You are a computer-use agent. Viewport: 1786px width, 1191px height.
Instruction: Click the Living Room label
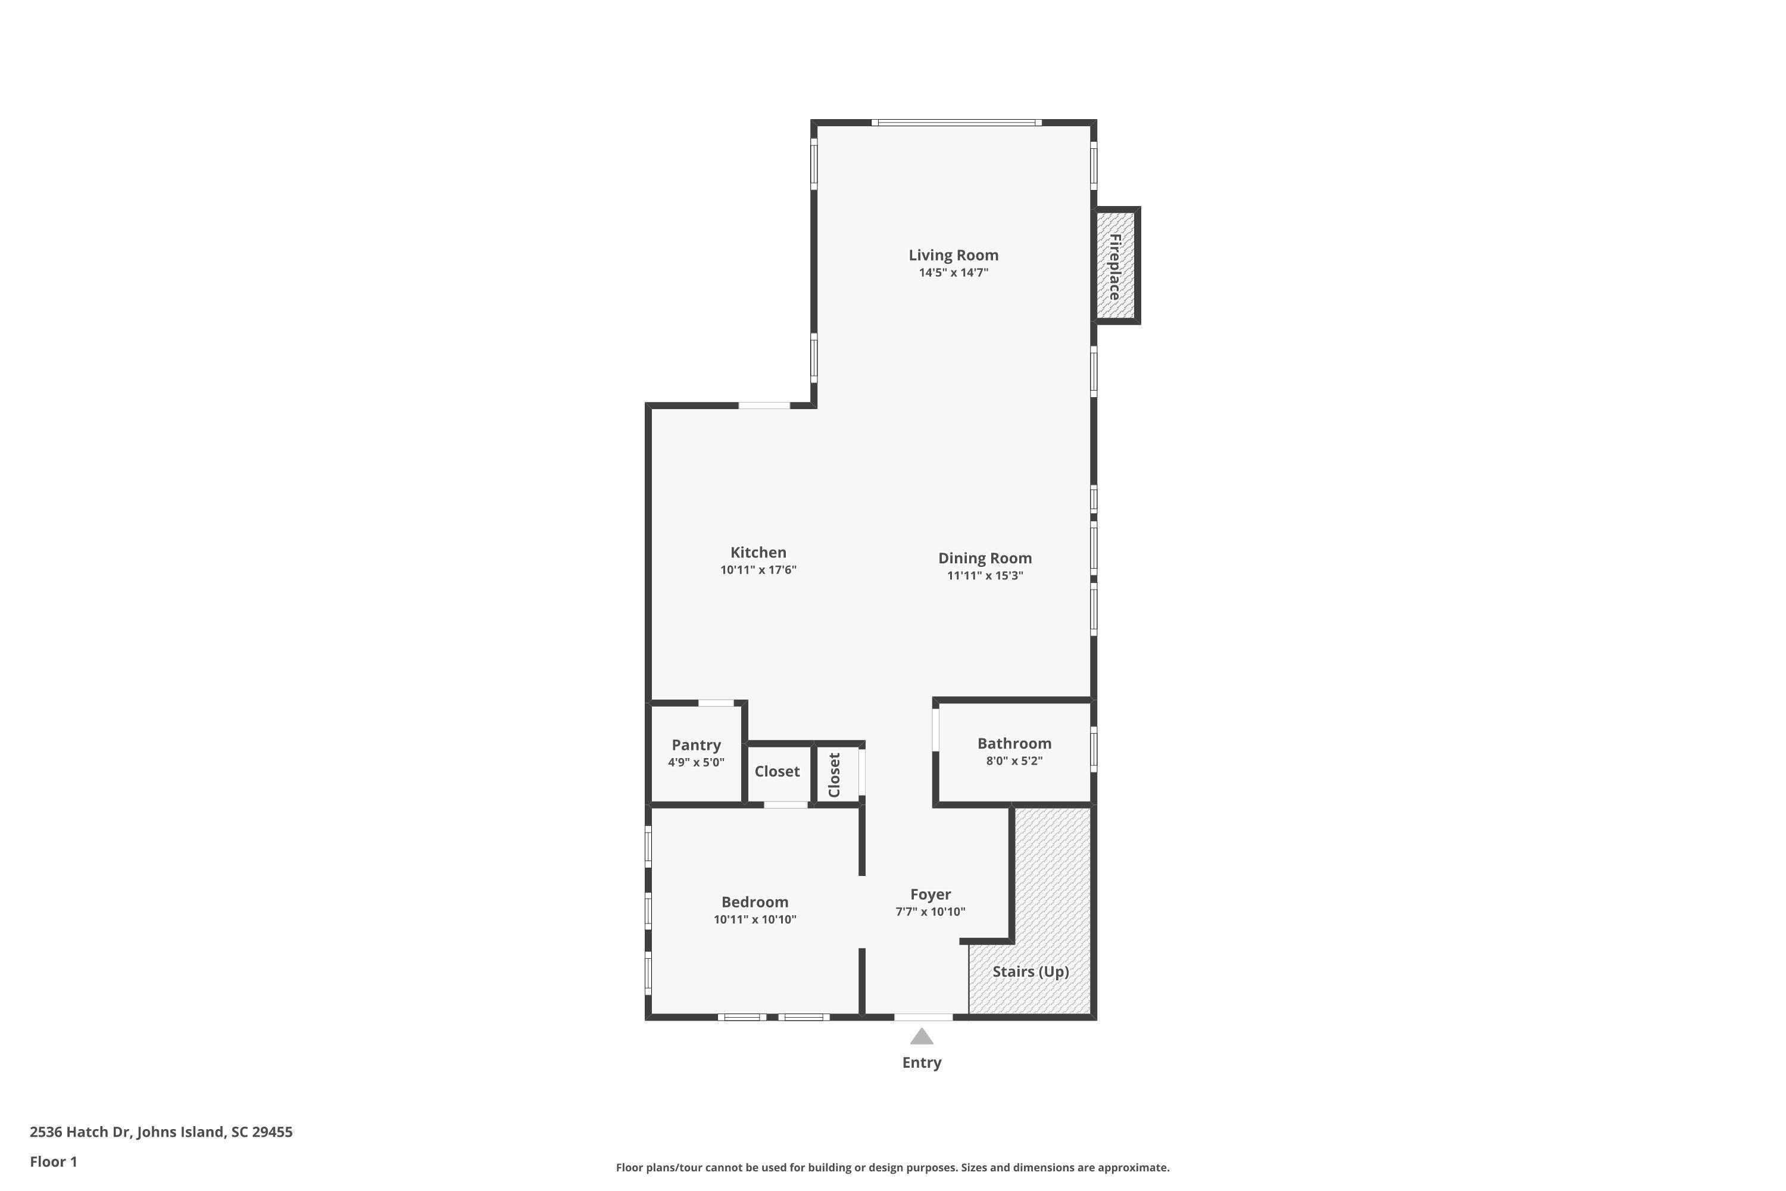(953, 255)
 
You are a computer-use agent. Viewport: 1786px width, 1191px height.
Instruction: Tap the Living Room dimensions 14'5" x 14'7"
(953, 273)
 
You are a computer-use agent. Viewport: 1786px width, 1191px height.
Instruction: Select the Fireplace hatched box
(1116, 266)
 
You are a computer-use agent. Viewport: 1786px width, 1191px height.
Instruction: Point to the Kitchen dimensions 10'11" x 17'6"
(758, 570)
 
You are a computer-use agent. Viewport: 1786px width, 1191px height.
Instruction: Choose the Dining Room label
(985, 559)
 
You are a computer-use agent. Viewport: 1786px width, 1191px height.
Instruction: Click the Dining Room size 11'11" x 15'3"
(985, 576)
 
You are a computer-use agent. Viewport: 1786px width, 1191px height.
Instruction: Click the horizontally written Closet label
(777, 772)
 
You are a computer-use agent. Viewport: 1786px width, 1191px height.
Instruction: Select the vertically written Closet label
(835, 775)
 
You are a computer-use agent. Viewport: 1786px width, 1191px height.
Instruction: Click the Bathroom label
(1014, 744)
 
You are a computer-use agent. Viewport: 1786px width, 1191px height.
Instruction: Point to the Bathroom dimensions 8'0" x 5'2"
(1014, 761)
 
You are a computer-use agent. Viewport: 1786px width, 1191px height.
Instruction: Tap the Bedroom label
(755, 902)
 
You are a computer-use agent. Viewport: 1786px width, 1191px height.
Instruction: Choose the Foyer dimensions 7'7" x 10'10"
(930, 912)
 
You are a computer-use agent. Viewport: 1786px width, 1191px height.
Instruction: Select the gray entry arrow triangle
(922, 1037)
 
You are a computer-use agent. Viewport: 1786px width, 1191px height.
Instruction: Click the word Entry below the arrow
(922, 1062)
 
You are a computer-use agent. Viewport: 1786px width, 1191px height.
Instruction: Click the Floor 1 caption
(53, 1161)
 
